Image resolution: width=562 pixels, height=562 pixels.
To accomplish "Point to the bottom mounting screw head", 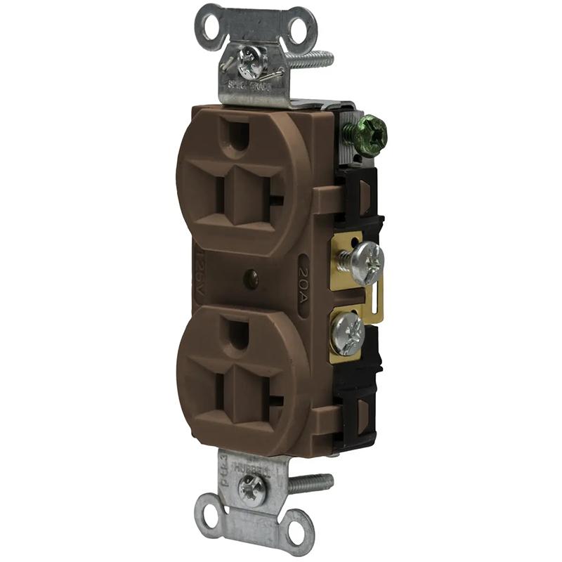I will [251, 485].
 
